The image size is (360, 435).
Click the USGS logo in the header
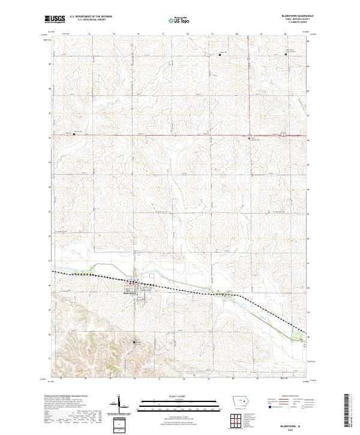pyautogui.click(x=55, y=19)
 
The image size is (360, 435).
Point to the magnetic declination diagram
pyautogui.click(x=120, y=406)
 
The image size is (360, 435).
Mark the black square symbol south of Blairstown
pyautogui.click(x=133, y=343)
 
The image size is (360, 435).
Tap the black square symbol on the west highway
pyautogui.click(x=74, y=134)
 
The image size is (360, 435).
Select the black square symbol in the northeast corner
pyautogui.click(x=286, y=55)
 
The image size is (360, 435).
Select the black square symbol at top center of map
pyautogui.click(x=220, y=55)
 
